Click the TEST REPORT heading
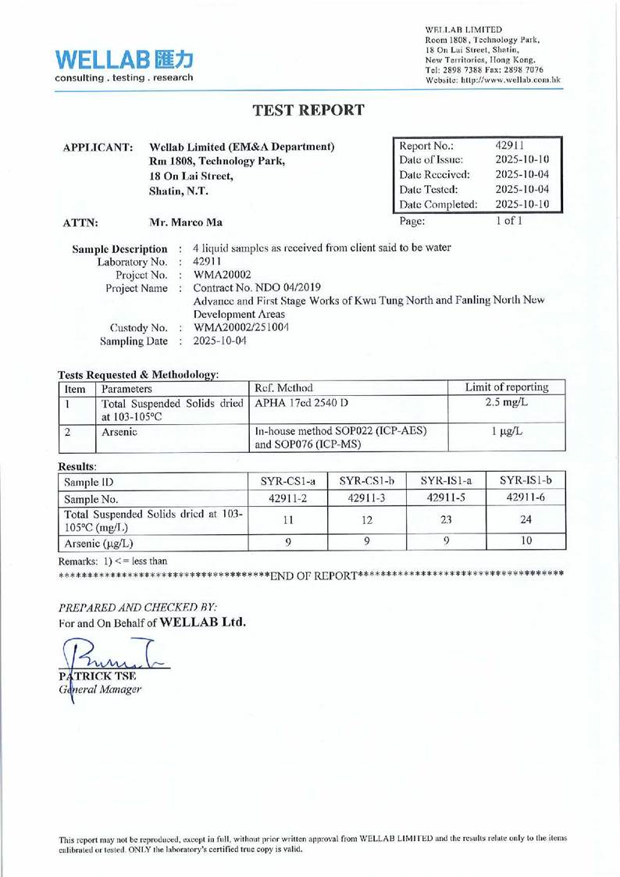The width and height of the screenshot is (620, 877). point(309,109)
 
